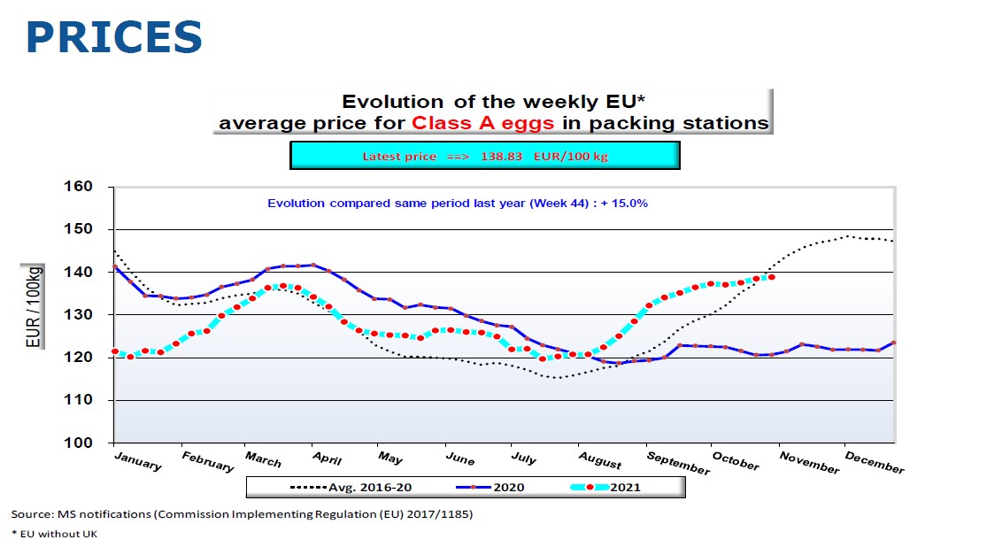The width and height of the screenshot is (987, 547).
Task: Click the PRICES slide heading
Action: coord(113,37)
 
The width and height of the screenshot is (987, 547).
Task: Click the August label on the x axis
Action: coord(601,460)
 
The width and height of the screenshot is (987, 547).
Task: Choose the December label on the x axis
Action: coord(875,461)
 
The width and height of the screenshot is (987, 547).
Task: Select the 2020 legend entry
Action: coord(497,486)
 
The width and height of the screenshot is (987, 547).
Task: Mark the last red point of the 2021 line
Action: coord(772,277)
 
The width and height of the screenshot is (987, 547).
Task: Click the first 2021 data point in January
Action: coord(115,351)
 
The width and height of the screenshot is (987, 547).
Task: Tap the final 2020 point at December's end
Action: coord(894,343)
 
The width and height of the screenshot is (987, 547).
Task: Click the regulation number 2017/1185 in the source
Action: coord(439,514)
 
